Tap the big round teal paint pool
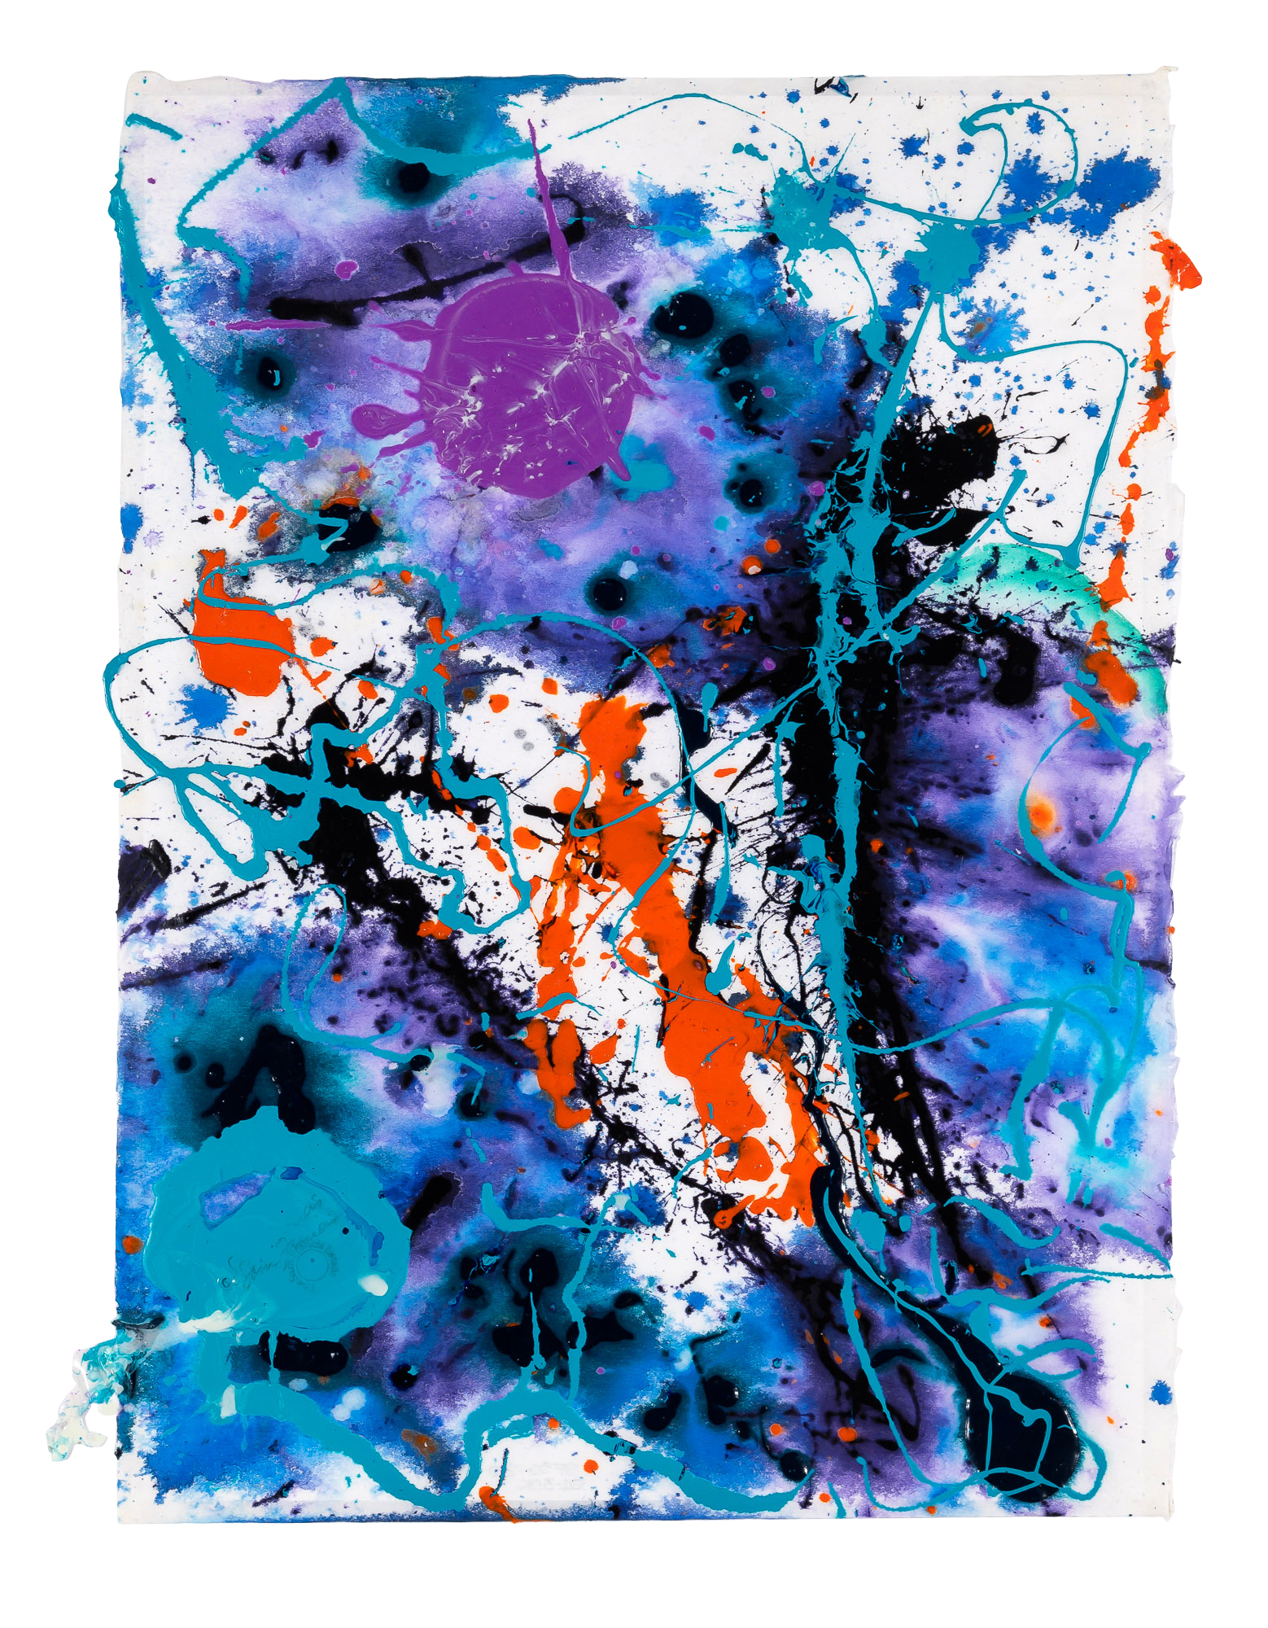[269, 1229]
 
